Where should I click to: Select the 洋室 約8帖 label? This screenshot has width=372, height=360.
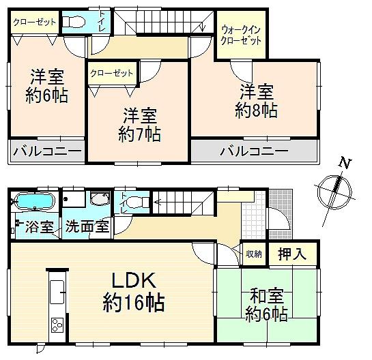[256, 100]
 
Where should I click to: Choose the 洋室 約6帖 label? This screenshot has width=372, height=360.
[47, 86]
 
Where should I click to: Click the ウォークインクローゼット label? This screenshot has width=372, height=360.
[240, 35]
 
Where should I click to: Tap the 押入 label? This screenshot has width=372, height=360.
[291, 254]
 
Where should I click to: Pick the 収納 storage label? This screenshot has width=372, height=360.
[253, 254]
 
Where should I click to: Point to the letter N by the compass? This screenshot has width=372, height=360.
[345, 164]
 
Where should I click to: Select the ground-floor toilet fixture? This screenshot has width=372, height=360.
[137, 202]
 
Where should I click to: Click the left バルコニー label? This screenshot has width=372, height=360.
[46, 151]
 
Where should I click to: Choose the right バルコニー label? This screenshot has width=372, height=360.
[253, 151]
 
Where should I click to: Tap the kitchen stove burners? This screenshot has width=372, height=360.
[55, 324]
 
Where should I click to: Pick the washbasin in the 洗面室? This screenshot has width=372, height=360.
[100, 200]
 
